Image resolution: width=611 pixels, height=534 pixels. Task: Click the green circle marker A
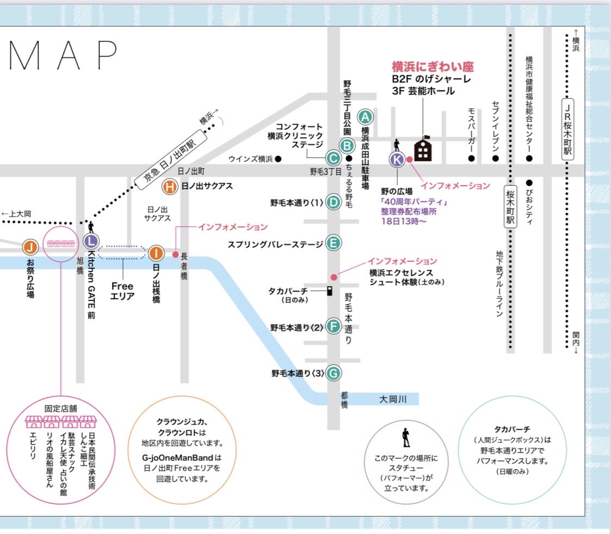pyautogui.click(x=365, y=116)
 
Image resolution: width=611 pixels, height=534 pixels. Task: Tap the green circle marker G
pyautogui.click(x=334, y=373)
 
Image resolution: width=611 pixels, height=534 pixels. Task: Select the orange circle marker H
pyautogui.click(x=170, y=186)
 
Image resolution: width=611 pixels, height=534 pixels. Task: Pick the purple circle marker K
pyautogui.click(x=397, y=159)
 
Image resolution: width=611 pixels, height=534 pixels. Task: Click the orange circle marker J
pyautogui.click(x=30, y=247)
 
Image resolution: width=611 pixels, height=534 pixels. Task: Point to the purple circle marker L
pyautogui.click(x=91, y=241)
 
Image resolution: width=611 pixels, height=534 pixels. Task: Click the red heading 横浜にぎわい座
pyautogui.click(x=433, y=67)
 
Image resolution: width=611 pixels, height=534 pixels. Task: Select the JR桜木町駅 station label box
pyautogui.click(x=568, y=129)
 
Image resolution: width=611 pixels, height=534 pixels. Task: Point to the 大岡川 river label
pyautogui.click(x=393, y=399)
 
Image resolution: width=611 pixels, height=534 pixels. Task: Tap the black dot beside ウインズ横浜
pyautogui.click(x=278, y=159)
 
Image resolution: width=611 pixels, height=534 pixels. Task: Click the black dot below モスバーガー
pyautogui.click(x=471, y=158)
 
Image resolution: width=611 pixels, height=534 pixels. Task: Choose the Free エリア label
pyautogui.click(x=122, y=291)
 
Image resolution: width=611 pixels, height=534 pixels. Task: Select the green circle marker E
pyautogui.click(x=334, y=243)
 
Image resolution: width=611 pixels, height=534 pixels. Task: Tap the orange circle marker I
pyautogui.click(x=156, y=253)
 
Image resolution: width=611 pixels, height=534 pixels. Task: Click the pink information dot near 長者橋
pyautogui.click(x=176, y=255)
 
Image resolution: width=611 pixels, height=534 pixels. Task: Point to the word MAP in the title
pyautogui.click(x=64, y=55)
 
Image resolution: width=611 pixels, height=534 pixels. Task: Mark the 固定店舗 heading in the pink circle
pyautogui.click(x=60, y=408)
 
